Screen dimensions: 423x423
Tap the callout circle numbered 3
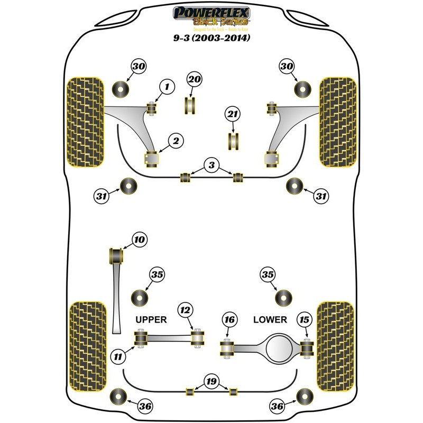tap(212, 166)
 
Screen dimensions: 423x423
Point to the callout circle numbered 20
tap(194, 79)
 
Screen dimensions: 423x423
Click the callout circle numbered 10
tap(140, 241)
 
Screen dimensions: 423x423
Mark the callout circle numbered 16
tap(228, 320)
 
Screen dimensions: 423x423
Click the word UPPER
tap(151, 319)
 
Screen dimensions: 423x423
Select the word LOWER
tap(270, 319)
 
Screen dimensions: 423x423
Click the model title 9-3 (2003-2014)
tap(212, 38)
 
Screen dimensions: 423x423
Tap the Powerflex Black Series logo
tap(212, 16)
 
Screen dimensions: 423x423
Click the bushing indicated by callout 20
tap(190, 104)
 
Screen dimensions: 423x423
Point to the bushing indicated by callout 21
tap(233, 141)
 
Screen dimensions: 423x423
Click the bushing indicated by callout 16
tap(227, 348)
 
